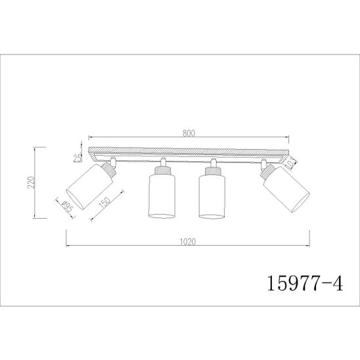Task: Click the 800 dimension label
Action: click(x=189, y=133)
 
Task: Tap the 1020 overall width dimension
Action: click(x=188, y=242)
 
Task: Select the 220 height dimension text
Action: click(x=32, y=182)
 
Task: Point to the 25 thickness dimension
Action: click(x=78, y=158)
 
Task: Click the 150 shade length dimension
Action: click(x=106, y=202)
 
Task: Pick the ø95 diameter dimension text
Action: click(x=68, y=206)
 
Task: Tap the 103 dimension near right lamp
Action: click(x=291, y=164)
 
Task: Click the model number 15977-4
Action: click(x=305, y=284)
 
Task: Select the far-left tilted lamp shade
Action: click(x=89, y=187)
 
